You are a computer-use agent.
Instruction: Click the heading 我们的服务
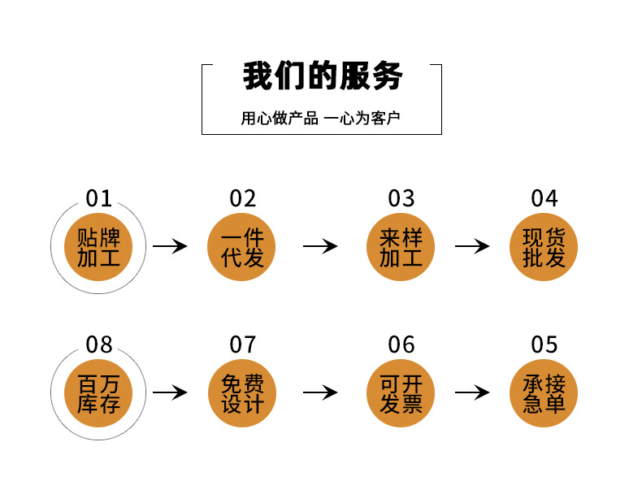322,77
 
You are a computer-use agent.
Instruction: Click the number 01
99,198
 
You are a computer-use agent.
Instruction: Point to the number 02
242,198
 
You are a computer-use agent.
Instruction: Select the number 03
401,198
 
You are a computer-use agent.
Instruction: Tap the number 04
544,198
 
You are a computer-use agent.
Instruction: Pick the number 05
544,344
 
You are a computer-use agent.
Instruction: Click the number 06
401,344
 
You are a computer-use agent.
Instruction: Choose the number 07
242,344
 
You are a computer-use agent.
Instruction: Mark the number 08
99,344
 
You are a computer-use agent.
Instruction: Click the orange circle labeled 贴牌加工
99,248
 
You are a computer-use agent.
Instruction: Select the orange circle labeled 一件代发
242,248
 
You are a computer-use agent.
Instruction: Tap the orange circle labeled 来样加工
401,248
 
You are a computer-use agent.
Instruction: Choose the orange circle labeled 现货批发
544,248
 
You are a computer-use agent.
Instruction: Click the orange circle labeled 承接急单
544,393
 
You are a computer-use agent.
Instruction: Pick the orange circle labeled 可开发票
401,393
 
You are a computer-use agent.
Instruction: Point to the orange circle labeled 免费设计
242,393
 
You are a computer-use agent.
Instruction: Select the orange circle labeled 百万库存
99,393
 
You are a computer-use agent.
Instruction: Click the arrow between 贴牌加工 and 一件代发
170,246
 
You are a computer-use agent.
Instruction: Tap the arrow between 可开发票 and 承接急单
472,392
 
